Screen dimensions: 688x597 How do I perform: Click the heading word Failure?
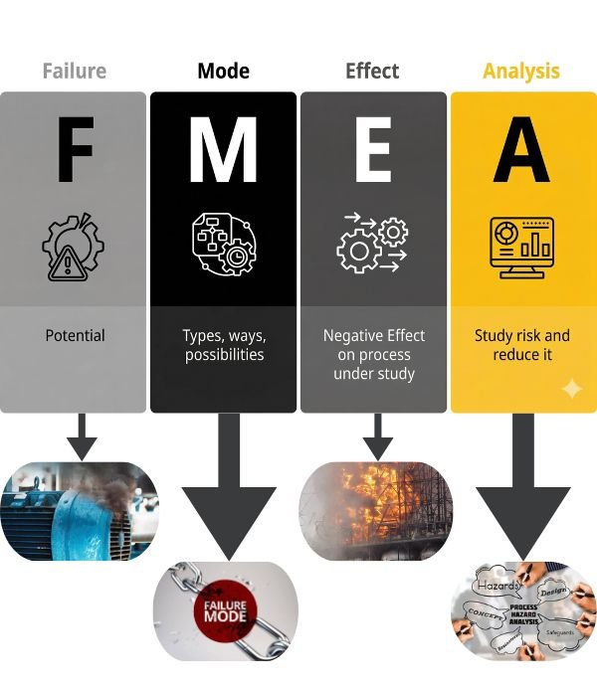click(74, 72)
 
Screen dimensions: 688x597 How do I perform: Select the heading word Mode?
click(224, 72)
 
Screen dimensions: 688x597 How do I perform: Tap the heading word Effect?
click(372, 72)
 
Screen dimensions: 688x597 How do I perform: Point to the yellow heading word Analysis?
click(521, 72)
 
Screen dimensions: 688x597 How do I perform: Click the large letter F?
click(74, 151)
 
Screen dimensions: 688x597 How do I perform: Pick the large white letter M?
click(224, 151)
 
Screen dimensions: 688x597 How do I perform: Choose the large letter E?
click(373, 151)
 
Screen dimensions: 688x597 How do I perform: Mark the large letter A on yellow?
click(521, 151)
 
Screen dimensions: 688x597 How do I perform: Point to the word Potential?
click(75, 336)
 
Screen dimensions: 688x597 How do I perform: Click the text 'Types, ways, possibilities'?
click(224, 346)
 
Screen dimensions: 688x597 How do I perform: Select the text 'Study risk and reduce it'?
click(521, 345)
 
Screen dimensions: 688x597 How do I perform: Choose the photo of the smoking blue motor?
click(80, 508)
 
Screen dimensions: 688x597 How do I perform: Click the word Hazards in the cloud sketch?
click(497, 588)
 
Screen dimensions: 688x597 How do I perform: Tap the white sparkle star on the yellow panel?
click(571, 389)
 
